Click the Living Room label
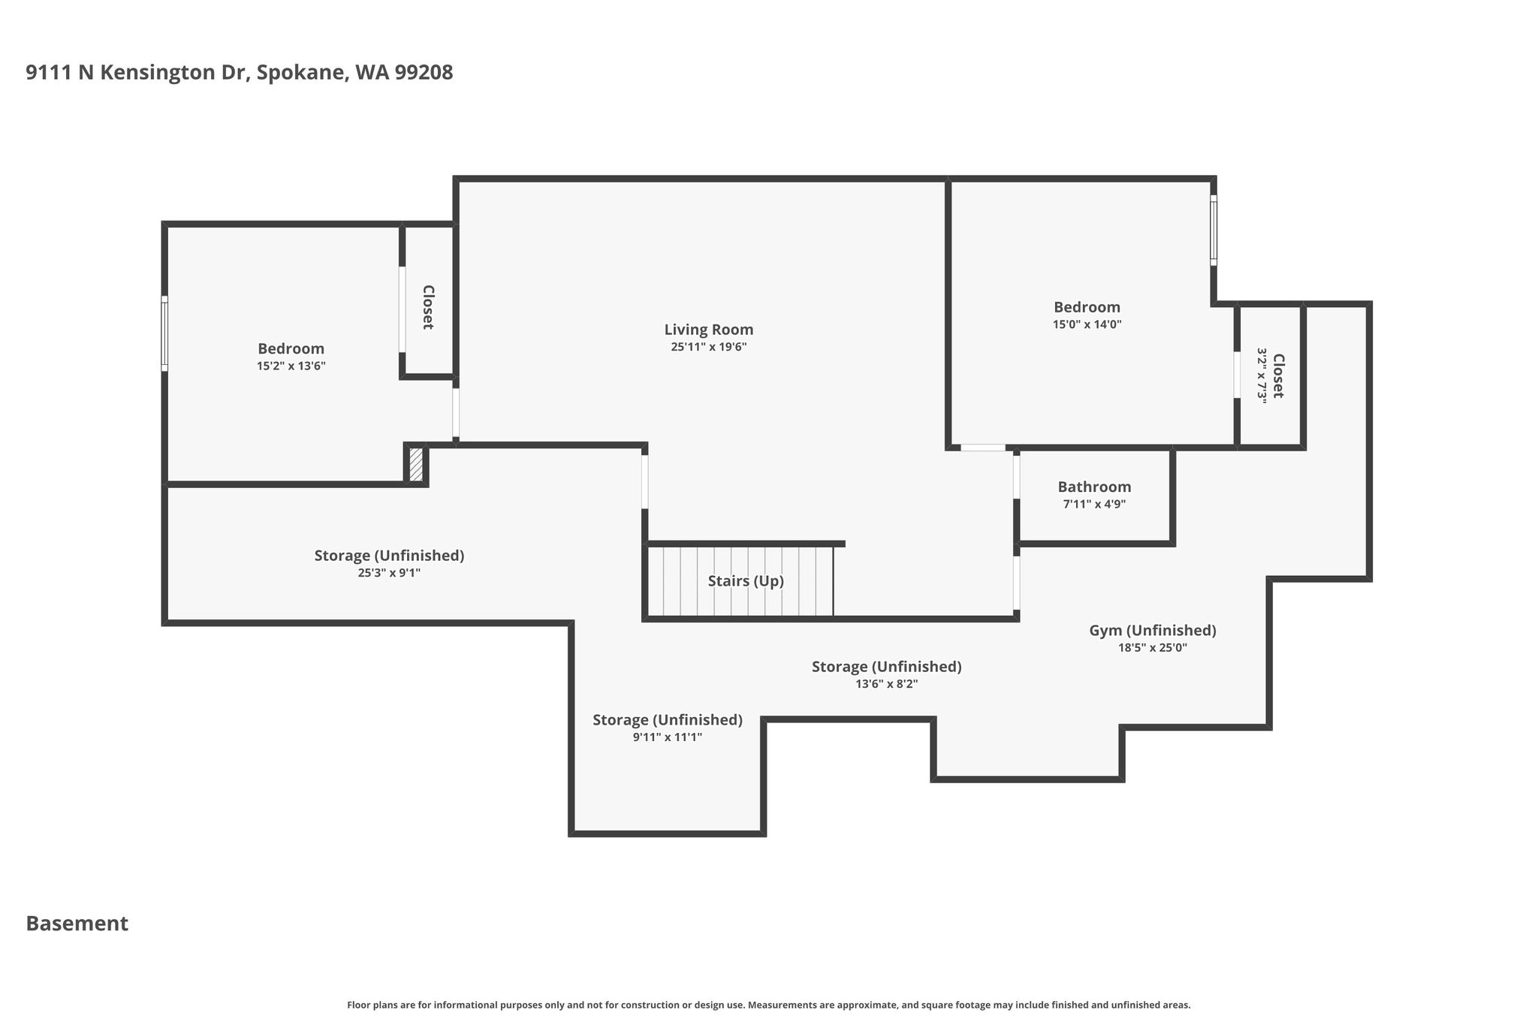(x=708, y=330)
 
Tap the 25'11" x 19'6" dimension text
(x=708, y=347)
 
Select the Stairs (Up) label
(x=746, y=581)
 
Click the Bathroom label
(x=1094, y=487)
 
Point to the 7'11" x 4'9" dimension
(x=1094, y=504)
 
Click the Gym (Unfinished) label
(x=1153, y=631)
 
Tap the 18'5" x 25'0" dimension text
(x=1153, y=648)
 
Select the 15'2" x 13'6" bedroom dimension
(x=291, y=366)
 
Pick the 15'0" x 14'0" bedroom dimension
(x=1087, y=324)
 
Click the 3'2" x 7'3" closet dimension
(x=1262, y=375)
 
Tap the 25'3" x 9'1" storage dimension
(x=389, y=573)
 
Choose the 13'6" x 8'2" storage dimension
(x=886, y=684)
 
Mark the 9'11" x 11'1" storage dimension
(x=667, y=737)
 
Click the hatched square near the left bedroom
(x=416, y=464)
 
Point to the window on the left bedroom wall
(x=164, y=333)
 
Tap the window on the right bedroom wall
(x=1214, y=231)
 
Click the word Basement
(x=77, y=924)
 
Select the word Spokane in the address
(x=300, y=73)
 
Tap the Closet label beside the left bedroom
(x=427, y=307)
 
